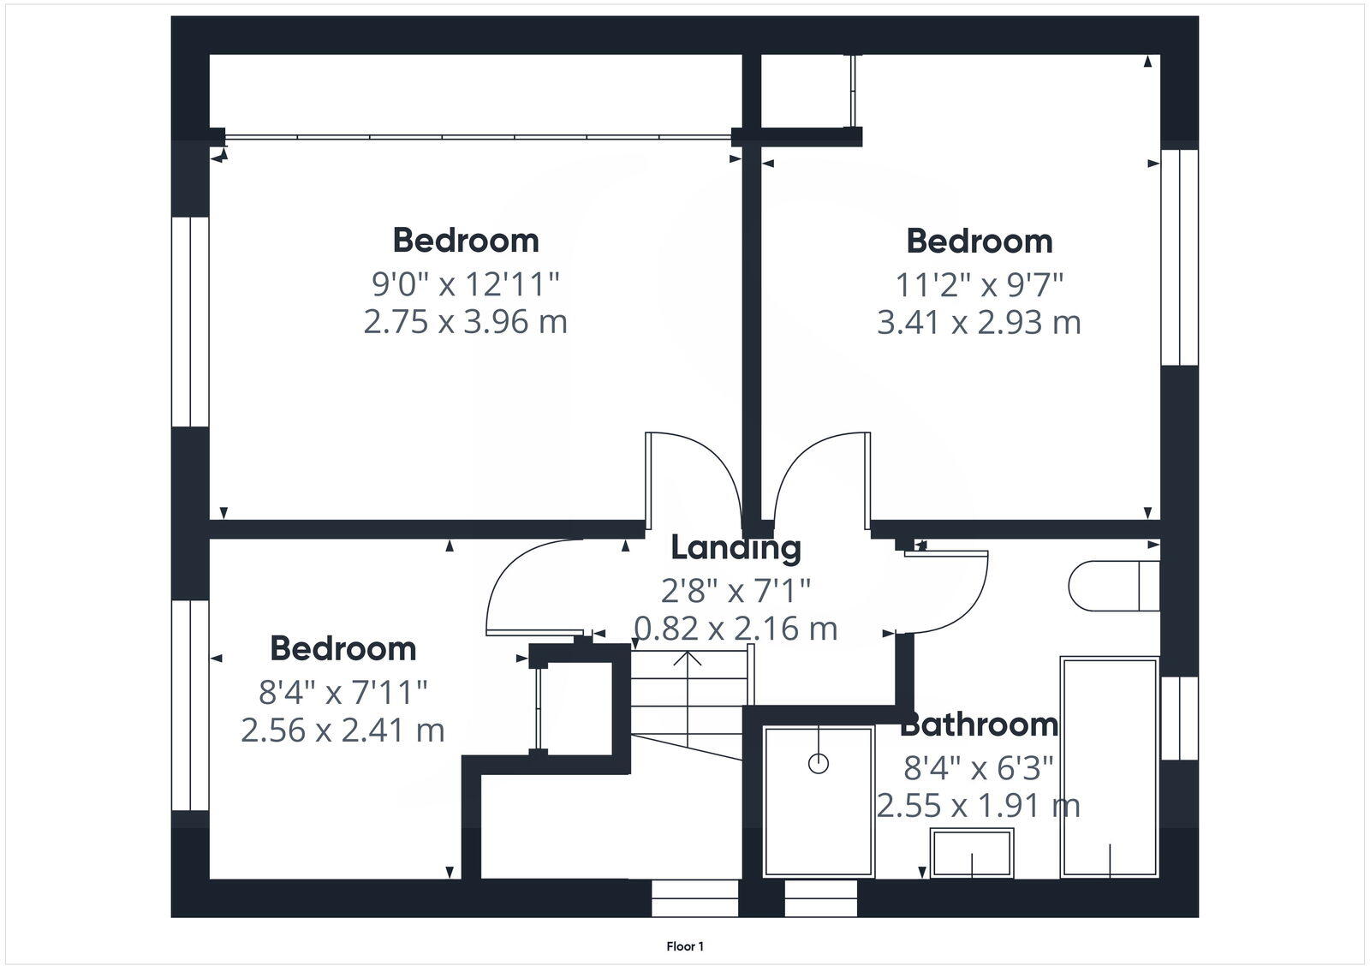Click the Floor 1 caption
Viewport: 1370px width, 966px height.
coord(685,946)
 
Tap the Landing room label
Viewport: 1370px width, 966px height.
coord(736,548)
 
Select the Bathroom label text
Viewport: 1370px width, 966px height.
coord(979,725)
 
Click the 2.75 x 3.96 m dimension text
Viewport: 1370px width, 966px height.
coord(465,322)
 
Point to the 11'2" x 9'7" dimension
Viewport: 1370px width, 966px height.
coord(979,283)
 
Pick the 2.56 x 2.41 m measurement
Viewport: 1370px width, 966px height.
coord(342,730)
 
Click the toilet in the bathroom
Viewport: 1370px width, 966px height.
coord(1113,586)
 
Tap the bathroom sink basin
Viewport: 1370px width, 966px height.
coord(972,852)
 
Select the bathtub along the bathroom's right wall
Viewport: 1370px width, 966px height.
coord(1110,766)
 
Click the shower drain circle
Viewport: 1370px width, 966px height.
coord(819,764)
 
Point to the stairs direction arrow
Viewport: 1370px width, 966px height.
coord(688,659)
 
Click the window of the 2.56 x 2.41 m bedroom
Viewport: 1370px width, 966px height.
coord(190,705)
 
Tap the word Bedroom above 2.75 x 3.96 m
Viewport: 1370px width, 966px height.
coord(466,241)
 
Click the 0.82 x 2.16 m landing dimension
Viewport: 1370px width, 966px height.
coord(736,629)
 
